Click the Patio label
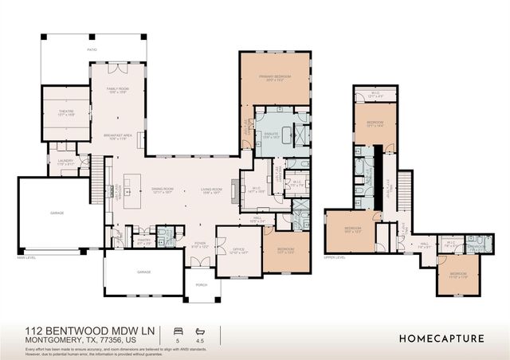(92, 49)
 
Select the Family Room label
(118, 90)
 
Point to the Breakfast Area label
(118, 137)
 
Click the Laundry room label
(65, 162)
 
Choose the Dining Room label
(163, 190)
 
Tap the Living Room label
(211, 190)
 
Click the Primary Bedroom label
(274, 77)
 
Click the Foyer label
(199, 245)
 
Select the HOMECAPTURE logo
(441, 338)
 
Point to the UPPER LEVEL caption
(334, 257)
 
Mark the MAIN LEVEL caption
(28, 257)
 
